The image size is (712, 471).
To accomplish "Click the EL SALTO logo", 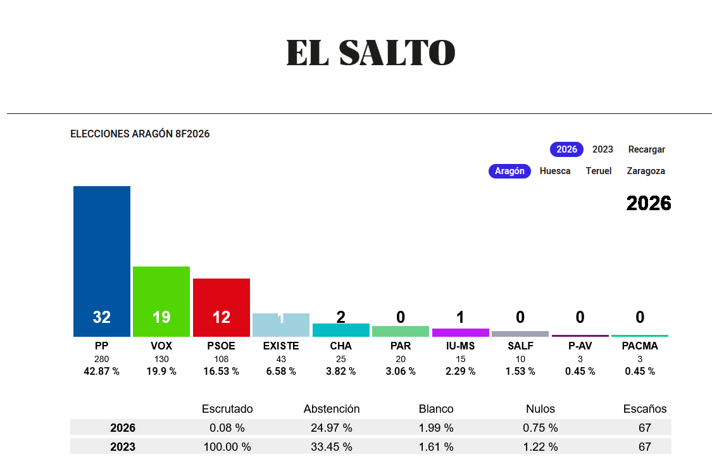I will [x=370, y=53].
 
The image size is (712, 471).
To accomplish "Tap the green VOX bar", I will [x=161, y=301].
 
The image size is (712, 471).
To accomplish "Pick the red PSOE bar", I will [x=222, y=307].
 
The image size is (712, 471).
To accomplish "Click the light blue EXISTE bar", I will [x=281, y=325].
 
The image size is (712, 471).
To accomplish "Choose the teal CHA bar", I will [x=341, y=330].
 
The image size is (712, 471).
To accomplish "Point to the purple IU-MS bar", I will [x=461, y=332].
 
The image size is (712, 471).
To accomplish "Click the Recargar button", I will [x=646, y=149].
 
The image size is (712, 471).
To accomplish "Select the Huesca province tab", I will [x=555, y=171].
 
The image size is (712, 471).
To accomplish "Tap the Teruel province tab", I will [x=599, y=171].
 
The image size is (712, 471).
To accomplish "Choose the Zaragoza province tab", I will [x=646, y=171].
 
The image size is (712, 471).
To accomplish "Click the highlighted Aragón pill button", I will [x=509, y=171].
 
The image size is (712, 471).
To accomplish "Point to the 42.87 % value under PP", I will [x=102, y=372].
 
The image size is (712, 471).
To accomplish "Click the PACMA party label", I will [x=640, y=346].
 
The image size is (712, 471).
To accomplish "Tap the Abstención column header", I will [x=332, y=409].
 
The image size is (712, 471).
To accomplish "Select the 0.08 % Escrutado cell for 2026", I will [x=227, y=428].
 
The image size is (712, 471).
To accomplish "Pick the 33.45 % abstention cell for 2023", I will [x=332, y=447].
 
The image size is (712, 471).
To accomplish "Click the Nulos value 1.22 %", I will [x=540, y=447].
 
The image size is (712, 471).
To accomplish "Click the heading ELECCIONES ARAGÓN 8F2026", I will [x=140, y=134].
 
